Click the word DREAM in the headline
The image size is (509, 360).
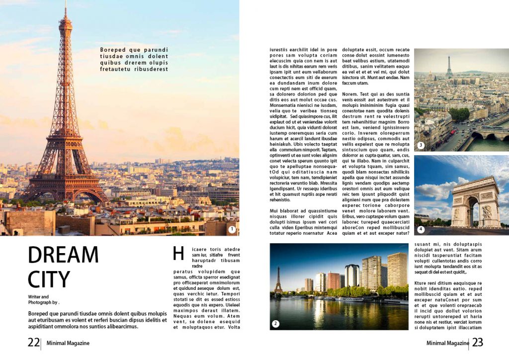pos(63,255)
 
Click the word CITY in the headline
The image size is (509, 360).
pos(49,280)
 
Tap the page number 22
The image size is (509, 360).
pos(33,343)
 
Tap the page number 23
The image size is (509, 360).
pos(477,343)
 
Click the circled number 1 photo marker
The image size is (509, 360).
pos(232,229)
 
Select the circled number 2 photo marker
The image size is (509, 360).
pos(275,324)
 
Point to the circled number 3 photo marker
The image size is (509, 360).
pos(421,145)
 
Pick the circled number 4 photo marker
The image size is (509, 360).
pos(421,229)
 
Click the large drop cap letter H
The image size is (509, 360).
pos(178,254)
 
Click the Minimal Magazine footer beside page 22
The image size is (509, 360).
pos(68,343)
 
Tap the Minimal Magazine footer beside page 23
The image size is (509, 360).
pos(447,343)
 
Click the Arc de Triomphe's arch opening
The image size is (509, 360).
pos(471,211)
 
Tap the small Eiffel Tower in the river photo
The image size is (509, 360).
pos(278,281)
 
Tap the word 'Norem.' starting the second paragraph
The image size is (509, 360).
pos(350,94)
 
